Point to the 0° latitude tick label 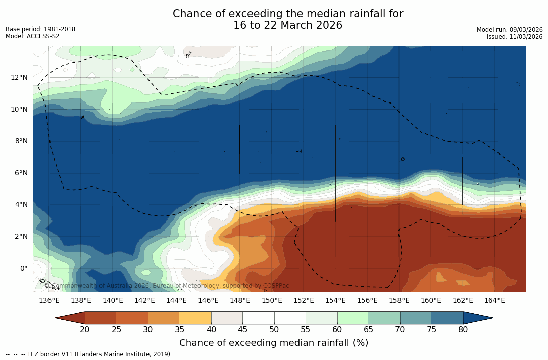tap(24, 268)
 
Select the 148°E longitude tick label tap(240, 301)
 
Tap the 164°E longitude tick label tap(494, 301)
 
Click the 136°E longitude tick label tap(49, 301)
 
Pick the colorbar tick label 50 tap(274, 330)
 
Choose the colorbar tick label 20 tap(85, 330)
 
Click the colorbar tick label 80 tap(463, 330)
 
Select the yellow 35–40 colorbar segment tap(195, 318)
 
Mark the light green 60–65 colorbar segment tap(353, 318)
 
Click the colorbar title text tap(274, 343)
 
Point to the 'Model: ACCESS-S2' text tap(32, 36)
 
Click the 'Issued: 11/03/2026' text tap(515, 37)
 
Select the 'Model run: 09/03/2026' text tap(510, 30)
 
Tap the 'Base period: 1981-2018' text tap(40, 29)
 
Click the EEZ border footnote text tap(89, 354)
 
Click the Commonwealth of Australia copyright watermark tap(167, 286)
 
